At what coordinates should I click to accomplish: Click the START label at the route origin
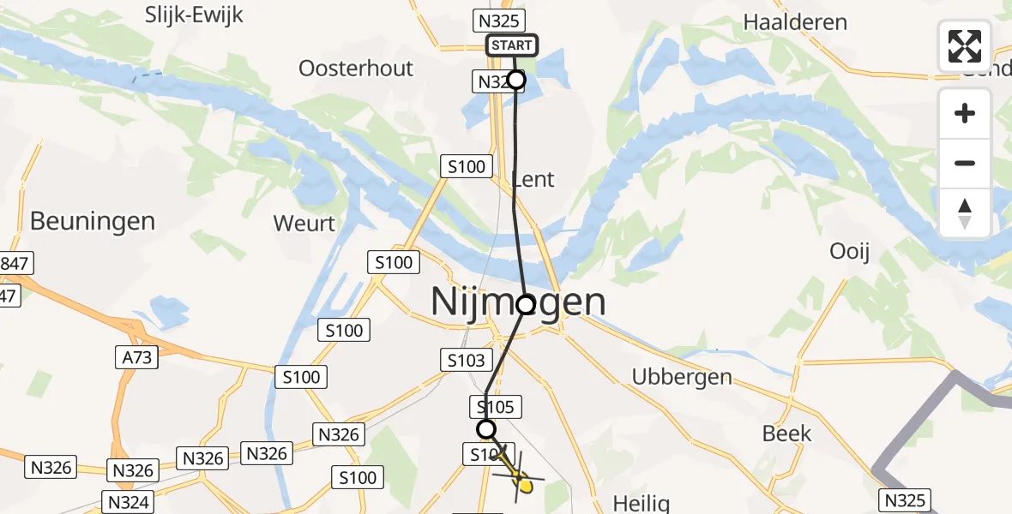[x=512, y=45]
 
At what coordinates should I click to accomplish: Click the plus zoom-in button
[x=965, y=114]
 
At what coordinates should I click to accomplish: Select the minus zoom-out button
[x=965, y=163]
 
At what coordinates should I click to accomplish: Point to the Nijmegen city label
[x=517, y=302]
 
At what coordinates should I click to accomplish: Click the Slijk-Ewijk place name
[x=195, y=15]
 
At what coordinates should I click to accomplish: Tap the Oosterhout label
[x=356, y=68]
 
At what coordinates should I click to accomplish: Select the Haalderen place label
[x=795, y=22]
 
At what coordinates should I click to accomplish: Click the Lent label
[x=533, y=179]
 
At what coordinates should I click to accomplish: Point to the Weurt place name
[x=304, y=224]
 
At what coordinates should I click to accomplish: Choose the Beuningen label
[x=93, y=221]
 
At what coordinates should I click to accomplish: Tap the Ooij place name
[x=850, y=251]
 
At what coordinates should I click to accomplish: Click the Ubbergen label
[x=682, y=376]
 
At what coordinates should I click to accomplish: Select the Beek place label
[x=786, y=433]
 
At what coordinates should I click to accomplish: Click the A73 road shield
[x=136, y=356]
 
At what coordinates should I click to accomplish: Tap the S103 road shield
[x=467, y=361]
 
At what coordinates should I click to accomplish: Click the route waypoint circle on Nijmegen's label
[x=526, y=304]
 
